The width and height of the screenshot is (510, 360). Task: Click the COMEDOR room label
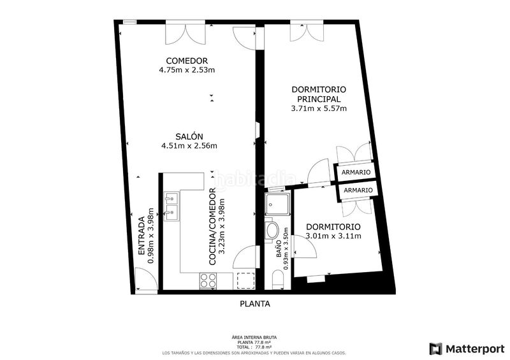[x=187, y=61]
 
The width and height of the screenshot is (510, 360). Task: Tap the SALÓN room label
[x=189, y=136]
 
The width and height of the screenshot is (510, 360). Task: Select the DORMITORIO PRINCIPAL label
[x=318, y=94]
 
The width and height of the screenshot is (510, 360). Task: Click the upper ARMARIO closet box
[x=354, y=173]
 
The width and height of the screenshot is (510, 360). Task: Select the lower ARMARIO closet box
[x=358, y=191]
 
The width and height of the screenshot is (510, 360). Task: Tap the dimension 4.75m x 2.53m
[x=187, y=70]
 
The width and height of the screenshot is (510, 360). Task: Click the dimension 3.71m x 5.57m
[x=319, y=108]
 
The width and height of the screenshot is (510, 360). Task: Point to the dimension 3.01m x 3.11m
[x=333, y=236]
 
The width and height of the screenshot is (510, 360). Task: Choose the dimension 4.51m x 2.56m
[x=189, y=146]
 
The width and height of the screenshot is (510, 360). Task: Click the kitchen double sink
[x=171, y=206]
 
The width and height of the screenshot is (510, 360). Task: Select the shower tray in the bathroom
[x=277, y=205]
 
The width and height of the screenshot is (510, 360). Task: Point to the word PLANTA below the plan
[x=255, y=304]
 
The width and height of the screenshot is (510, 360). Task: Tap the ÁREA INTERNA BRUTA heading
[x=254, y=337]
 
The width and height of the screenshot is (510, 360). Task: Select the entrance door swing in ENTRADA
[x=145, y=278]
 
